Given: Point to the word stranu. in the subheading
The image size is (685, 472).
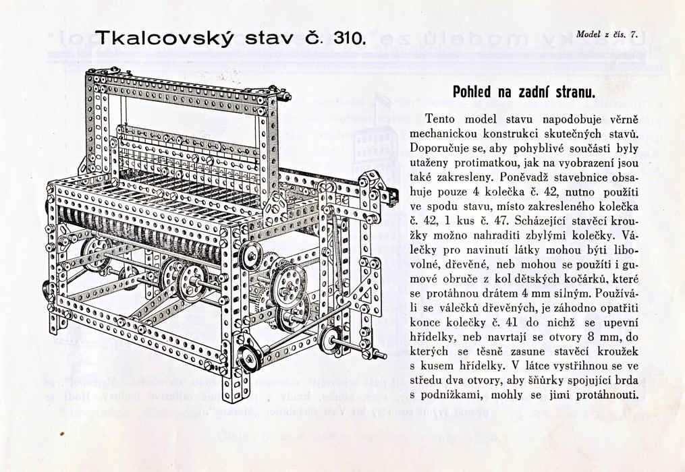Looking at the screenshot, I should pos(566,92).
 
